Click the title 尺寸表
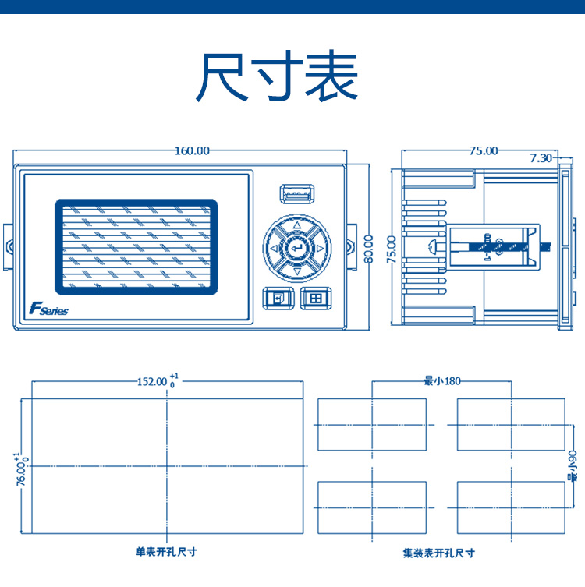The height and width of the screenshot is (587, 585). [276, 76]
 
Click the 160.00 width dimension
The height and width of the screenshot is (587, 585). [192, 150]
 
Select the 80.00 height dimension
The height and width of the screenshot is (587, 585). [368, 249]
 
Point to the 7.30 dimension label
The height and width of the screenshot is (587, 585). [541, 158]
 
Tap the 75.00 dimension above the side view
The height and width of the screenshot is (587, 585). [484, 150]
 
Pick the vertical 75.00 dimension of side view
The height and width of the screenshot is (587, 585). [391, 249]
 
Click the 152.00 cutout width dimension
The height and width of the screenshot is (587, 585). [158, 381]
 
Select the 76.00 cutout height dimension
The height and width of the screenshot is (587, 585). [21, 469]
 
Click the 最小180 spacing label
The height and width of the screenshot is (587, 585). [441, 381]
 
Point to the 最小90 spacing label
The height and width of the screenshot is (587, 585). [573, 466]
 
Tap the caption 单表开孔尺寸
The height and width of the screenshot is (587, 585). [166, 551]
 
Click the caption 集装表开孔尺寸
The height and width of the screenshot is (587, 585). [439, 553]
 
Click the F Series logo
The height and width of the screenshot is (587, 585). [48, 309]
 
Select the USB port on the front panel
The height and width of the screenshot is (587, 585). [297, 194]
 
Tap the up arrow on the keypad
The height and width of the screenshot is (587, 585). [297, 225]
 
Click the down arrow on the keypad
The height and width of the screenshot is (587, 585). [297, 271]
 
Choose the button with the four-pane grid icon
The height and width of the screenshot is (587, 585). [316, 299]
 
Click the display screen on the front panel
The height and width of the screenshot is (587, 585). [136, 247]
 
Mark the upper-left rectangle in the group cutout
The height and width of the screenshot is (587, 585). [372, 425]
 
